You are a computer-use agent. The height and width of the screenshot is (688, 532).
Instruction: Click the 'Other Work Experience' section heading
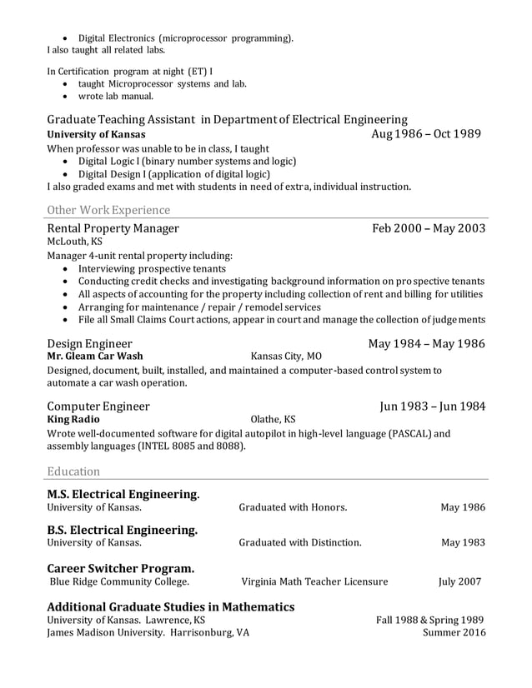tap(108, 210)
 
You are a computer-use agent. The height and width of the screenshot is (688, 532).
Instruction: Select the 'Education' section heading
tap(73, 471)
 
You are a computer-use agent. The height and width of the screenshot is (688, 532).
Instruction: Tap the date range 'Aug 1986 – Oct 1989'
tap(427, 134)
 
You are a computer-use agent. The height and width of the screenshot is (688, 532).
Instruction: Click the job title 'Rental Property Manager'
tap(113, 228)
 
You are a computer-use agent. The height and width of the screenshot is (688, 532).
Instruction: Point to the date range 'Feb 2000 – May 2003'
tap(429, 228)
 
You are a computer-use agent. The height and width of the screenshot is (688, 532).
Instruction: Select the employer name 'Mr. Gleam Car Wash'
tap(94, 356)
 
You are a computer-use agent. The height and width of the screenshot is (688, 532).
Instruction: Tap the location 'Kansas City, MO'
tap(285, 356)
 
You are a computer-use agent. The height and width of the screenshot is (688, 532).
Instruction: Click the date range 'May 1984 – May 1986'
tap(427, 342)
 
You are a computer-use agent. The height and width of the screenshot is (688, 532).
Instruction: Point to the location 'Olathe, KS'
tap(273, 419)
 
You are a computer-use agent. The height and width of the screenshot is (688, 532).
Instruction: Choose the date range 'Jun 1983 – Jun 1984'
tap(432, 406)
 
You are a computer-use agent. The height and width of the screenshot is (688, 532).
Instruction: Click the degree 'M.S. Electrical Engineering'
tap(122, 494)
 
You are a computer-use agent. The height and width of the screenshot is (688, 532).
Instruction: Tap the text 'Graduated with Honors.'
tap(293, 507)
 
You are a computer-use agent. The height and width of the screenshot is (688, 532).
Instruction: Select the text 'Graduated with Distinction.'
tap(300, 543)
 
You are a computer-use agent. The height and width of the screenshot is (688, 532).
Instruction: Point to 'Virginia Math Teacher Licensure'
tap(314, 581)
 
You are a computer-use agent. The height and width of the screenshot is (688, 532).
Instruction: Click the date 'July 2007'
tap(459, 581)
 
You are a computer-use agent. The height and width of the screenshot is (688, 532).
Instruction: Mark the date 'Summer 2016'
tap(454, 632)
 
